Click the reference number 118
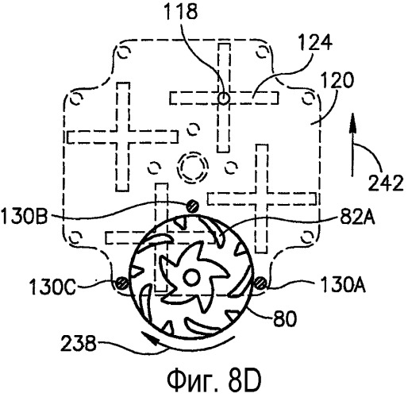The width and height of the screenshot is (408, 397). (181, 11)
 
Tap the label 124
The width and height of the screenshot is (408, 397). (315, 42)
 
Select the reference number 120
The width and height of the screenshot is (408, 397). (337, 80)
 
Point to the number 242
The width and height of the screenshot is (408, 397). (386, 183)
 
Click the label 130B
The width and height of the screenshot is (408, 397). (25, 216)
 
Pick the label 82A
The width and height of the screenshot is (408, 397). (357, 218)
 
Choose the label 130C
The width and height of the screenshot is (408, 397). (53, 287)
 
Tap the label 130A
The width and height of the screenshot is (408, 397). (343, 284)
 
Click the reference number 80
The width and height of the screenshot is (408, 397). (284, 318)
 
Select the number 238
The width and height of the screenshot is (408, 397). (79, 343)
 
